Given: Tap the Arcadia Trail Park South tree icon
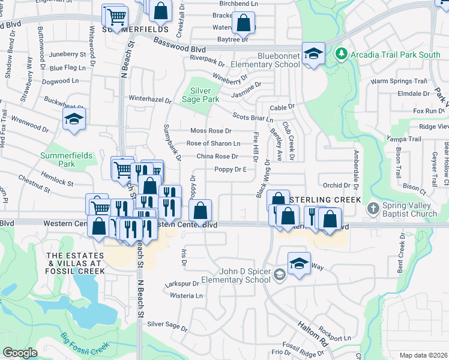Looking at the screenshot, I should [342, 55].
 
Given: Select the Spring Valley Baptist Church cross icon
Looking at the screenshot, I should [373, 208].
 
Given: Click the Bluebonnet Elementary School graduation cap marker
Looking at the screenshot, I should [313, 54].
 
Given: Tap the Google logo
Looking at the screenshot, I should [20, 353].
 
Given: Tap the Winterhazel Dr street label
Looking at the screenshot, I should [150, 97].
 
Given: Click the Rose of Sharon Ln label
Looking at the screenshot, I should [213, 143].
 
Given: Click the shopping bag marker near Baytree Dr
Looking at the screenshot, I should [243, 24].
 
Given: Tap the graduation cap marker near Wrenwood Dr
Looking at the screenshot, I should [74, 119].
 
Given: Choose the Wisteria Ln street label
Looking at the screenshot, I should [187, 296].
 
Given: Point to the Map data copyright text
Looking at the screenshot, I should [423, 355].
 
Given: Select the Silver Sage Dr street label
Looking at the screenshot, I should [167, 324].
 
